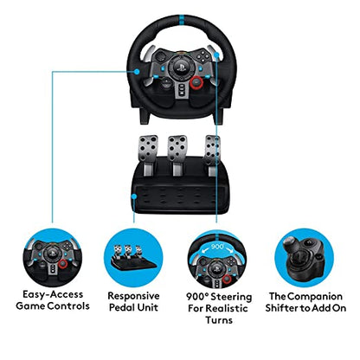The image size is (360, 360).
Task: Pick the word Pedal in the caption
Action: pos(118,307)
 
